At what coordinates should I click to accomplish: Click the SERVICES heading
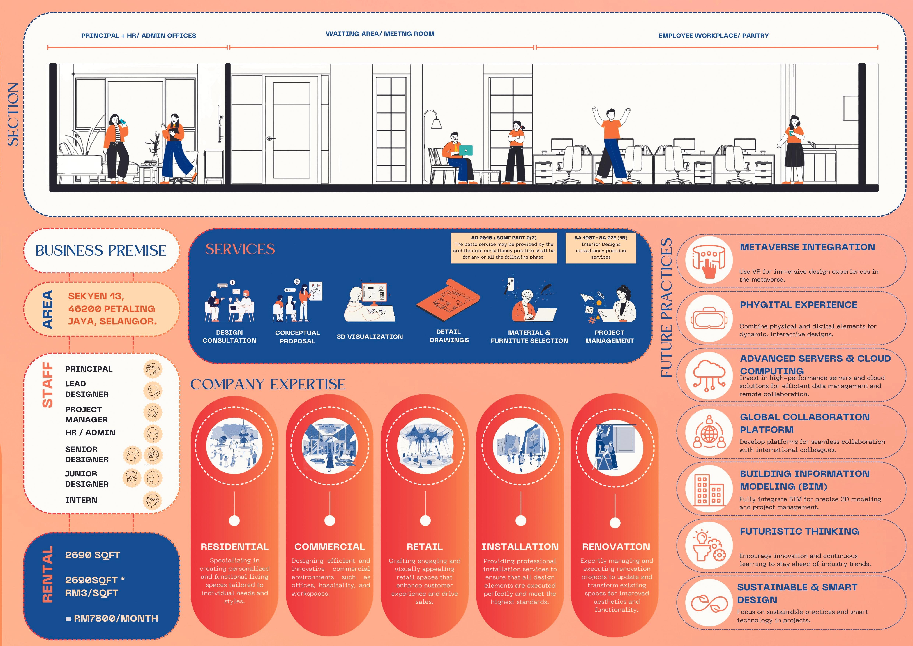[240, 249]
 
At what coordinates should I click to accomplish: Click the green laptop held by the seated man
[466, 150]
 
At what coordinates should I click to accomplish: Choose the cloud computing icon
[709, 374]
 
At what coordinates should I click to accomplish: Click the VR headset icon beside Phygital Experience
[709, 318]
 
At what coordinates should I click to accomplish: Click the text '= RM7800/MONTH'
[112, 618]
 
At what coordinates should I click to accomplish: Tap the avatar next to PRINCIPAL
[153, 369]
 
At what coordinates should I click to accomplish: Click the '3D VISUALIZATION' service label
[369, 336]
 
